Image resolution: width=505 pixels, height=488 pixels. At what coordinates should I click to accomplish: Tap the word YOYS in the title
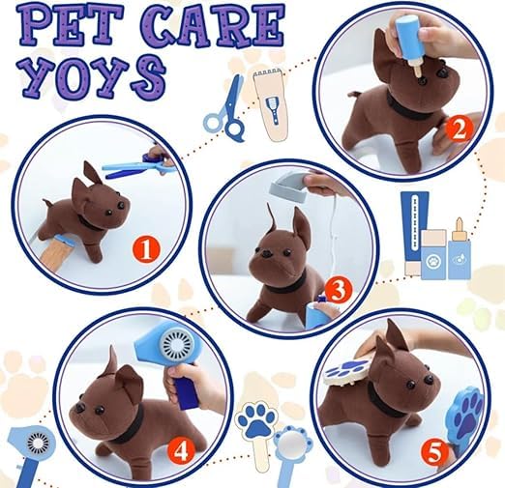pos(93,72)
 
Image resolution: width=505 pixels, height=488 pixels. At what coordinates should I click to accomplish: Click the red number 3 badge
pos(337,288)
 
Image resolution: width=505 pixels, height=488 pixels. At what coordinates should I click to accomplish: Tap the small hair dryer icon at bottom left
pos(28,447)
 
